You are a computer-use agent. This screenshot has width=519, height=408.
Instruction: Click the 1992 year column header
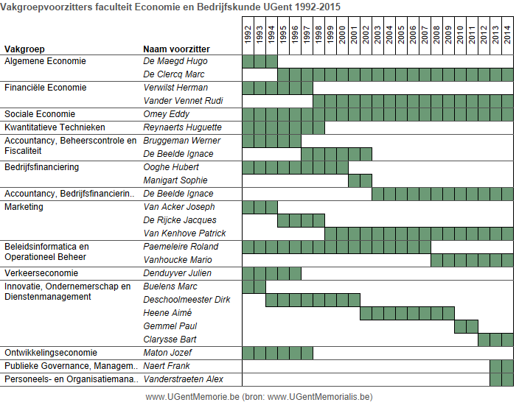(x=248, y=35)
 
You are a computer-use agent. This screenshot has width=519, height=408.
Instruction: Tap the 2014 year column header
(x=507, y=35)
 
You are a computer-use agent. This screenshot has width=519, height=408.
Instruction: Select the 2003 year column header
(x=377, y=35)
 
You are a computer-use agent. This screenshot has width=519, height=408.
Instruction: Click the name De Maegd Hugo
(x=175, y=61)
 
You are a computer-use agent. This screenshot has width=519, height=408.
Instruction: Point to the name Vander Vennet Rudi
(x=183, y=101)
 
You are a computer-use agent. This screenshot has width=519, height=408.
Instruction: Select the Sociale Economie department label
(x=40, y=114)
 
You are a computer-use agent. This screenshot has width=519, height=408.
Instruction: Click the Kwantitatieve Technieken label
(x=55, y=127)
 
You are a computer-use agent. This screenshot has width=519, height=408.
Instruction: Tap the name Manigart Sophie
(x=175, y=180)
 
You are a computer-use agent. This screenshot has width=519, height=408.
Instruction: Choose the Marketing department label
(x=24, y=207)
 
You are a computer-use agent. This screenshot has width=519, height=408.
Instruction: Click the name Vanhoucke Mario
(x=178, y=260)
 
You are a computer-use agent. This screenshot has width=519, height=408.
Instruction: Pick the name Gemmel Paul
(x=170, y=326)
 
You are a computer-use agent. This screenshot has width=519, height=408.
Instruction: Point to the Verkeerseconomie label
(x=41, y=273)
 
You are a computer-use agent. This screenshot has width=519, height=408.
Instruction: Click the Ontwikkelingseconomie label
(x=51, y=353)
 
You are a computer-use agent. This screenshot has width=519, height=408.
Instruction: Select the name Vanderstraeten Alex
(x=183, y=379)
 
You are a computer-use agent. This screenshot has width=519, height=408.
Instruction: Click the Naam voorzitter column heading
(x=176, y=49)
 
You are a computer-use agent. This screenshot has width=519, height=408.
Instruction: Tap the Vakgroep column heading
(x=24, y=49)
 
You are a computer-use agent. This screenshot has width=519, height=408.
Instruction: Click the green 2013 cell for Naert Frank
(x=495, y=366)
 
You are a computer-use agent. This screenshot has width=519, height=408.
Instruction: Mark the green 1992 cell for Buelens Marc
(x=248, y=286)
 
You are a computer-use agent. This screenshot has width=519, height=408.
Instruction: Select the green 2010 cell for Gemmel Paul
(x=460, y=327)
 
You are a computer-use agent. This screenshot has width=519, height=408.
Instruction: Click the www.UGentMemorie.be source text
(x=192, y=397)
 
